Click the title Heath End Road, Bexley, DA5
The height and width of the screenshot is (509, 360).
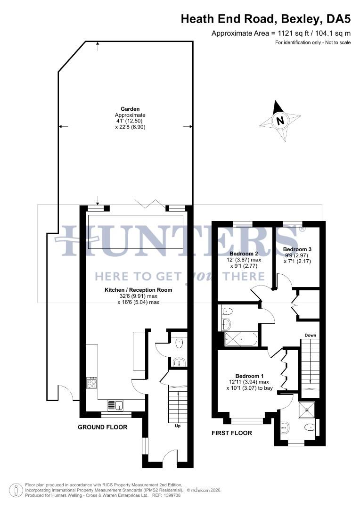pos(266,19)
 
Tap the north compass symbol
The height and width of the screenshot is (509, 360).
pos(281,121)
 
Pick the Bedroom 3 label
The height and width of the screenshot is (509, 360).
pos(297,249)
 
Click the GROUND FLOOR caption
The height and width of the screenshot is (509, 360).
pos(103,427)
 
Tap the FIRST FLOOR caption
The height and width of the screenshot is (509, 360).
pos(232,433)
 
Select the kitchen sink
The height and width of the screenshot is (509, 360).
pos(116,404)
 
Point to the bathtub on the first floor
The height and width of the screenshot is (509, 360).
pos(240,338)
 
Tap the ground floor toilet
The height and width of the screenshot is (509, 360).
pos(179,344)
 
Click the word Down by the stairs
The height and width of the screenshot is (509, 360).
pos(310,335)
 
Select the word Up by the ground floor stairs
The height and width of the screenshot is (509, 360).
pos(178,426)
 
